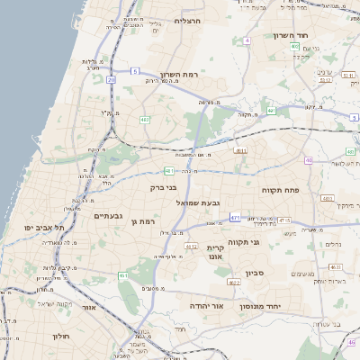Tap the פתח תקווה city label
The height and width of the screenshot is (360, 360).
(x=279, y=190)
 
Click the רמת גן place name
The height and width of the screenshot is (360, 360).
(x=143, y=221)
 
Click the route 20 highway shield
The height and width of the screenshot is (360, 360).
(x=111, y=80)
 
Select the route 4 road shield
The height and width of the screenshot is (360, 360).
(x=247, y=40)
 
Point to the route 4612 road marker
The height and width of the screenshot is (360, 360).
(x=191, y=245)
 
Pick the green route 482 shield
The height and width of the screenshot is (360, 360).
(x=144, y=119)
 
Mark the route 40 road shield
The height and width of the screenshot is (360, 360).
(x=308, y=161)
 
